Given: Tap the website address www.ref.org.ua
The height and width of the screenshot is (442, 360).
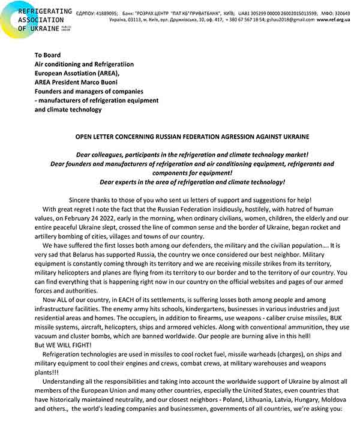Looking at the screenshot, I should pyautogui.click(x=333, y=19).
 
